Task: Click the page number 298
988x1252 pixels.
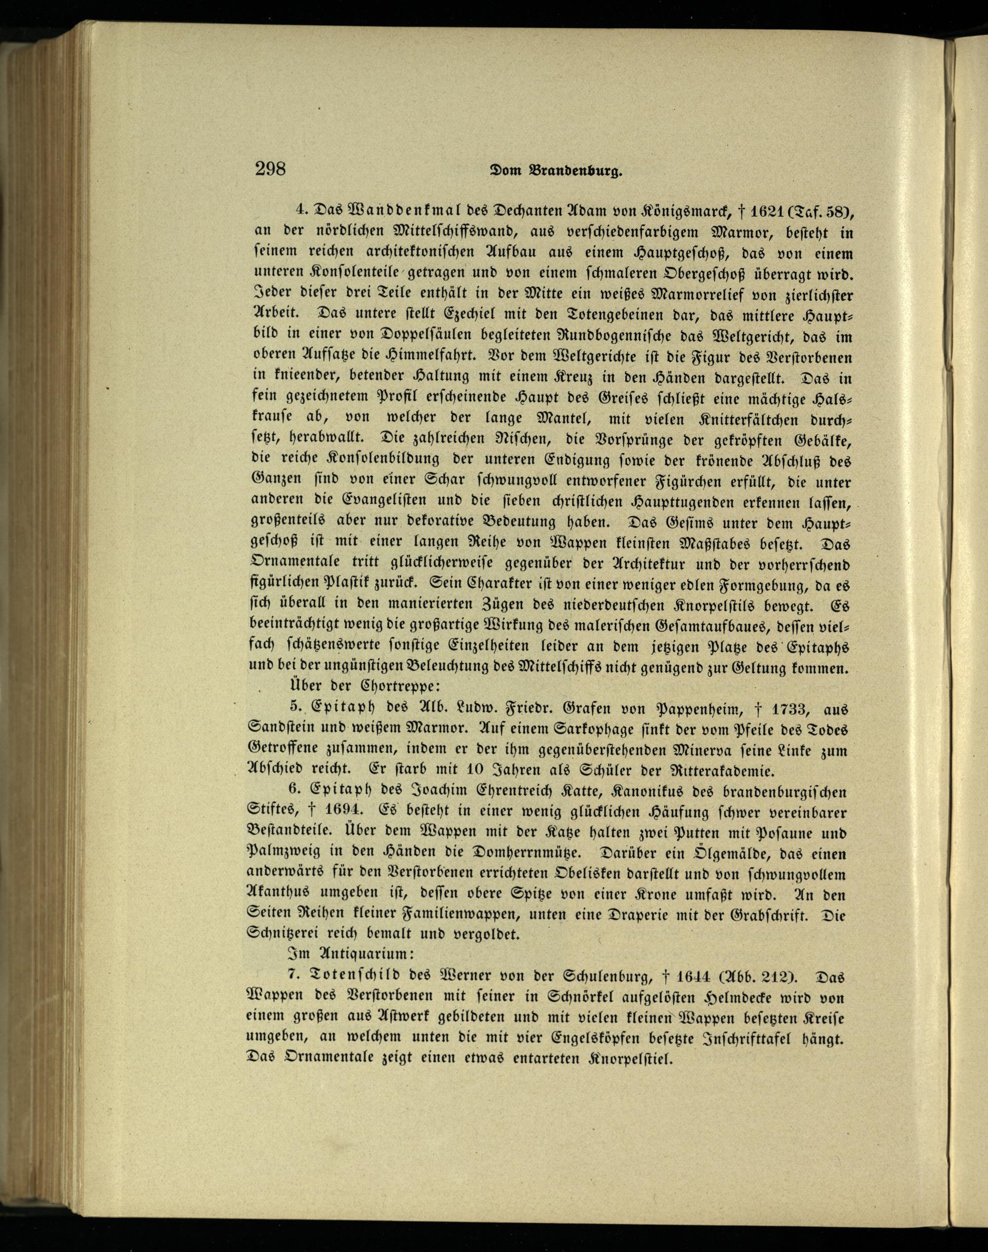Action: (x=270, y=169)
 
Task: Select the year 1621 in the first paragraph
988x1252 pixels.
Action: (x=750, y=213)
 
